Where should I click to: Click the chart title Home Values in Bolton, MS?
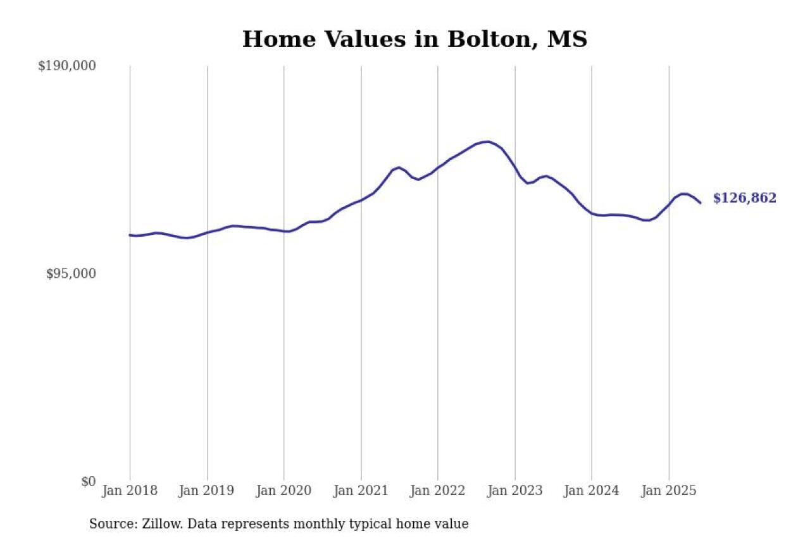[414, 39]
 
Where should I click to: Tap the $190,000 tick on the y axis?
[67, 66]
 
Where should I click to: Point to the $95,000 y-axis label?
[71, 273]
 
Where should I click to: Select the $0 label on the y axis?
[88, 482]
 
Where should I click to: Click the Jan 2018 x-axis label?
[130, 491]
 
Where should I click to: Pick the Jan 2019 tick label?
[207, 491]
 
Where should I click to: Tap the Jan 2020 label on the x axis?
[283, 491]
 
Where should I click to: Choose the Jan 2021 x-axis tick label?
[361, 491]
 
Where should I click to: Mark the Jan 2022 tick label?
[438, 491]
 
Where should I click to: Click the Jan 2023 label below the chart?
[514, 491]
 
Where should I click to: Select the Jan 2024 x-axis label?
[592, 491]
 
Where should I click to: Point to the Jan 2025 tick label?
[669, 491]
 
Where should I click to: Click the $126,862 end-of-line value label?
[744, 198]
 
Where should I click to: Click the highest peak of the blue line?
[486, 142]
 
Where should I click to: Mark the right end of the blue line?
[701, 203]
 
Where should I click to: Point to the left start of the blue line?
[130, 235]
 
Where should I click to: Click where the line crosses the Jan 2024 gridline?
[592, 213]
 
